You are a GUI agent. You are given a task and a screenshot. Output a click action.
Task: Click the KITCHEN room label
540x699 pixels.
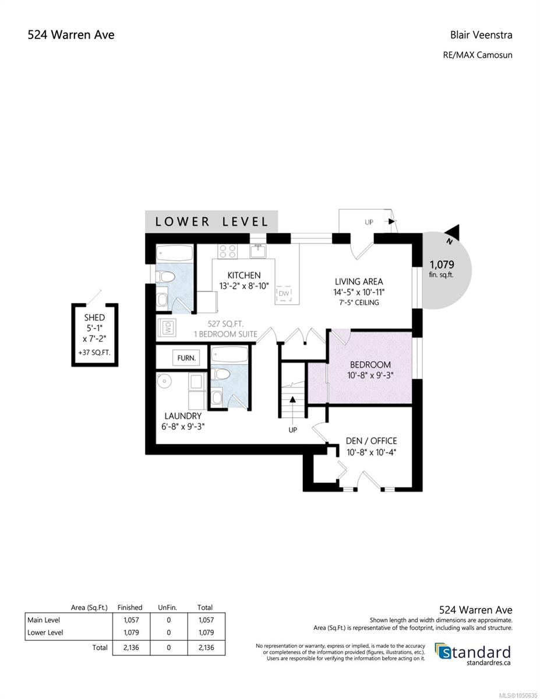point(244,276)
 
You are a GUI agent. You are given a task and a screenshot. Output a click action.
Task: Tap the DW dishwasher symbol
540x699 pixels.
point(284,294)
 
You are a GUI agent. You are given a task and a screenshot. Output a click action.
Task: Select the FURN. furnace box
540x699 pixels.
point(186,358)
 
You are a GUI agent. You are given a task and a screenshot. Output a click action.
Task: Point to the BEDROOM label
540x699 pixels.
point(370,365)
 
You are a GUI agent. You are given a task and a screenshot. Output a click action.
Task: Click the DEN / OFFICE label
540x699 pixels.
point(371,441)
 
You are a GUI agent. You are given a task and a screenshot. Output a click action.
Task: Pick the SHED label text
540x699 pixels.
point(94,318)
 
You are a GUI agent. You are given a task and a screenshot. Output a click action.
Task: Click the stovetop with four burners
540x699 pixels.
point(227,251)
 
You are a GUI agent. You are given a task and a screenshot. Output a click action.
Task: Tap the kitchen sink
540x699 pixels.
point(258,251)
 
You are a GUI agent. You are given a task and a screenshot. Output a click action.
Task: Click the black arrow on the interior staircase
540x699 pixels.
point(292,400)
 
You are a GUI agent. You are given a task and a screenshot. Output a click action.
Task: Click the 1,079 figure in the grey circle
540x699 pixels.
point(442,264)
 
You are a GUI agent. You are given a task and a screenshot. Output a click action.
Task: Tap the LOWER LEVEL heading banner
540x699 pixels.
point(211,221)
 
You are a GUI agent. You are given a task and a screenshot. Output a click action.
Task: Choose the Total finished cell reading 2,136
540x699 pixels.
point(131,647)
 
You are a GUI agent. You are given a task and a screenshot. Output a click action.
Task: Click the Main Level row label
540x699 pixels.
point(44,620)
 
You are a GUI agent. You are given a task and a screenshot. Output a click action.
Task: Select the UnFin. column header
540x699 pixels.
point(168,608)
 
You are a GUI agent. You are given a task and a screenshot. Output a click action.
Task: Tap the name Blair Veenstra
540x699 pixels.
point(481,35)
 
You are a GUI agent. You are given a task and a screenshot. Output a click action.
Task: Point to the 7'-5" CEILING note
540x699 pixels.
point(359,302)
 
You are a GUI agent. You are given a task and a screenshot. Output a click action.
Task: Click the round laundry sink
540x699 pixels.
point(164,381)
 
